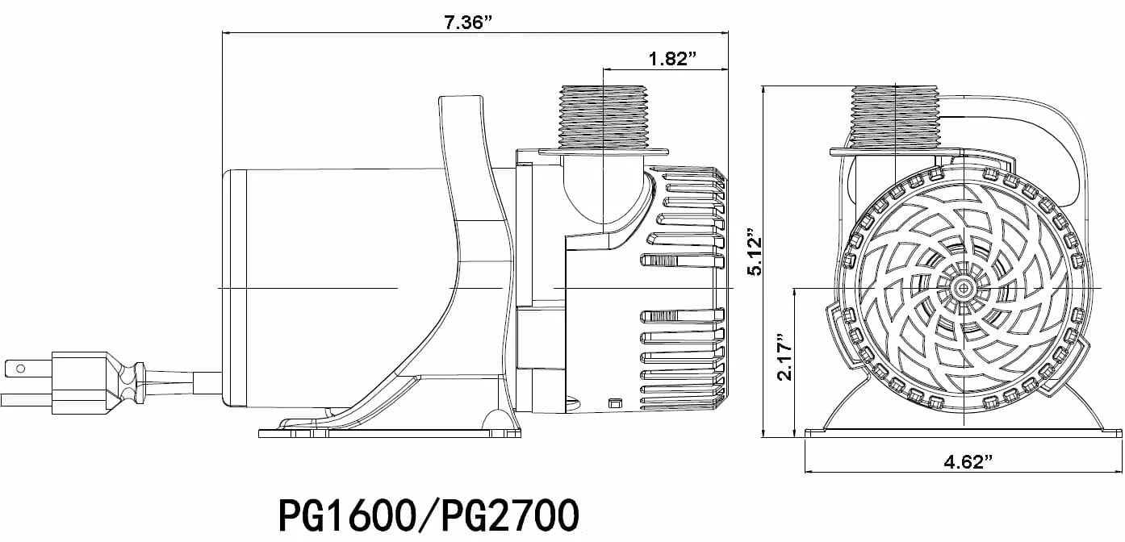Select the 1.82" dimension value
click(671, 58)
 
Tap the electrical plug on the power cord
click(79, 382)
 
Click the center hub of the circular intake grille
click(963, 287)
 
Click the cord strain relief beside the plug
click(129, 381)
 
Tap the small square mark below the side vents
click(614, 402)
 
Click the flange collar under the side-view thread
click(604, 151)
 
